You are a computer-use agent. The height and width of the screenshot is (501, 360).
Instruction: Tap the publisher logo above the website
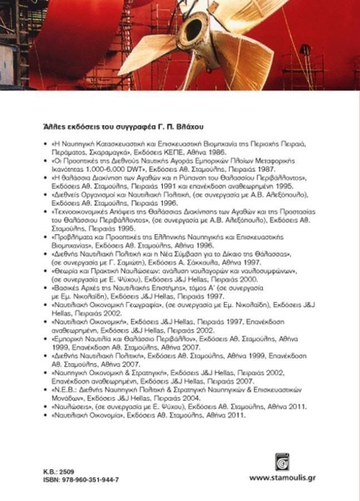point(282,461)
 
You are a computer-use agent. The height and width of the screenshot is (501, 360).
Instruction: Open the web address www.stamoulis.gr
point(282,478)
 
